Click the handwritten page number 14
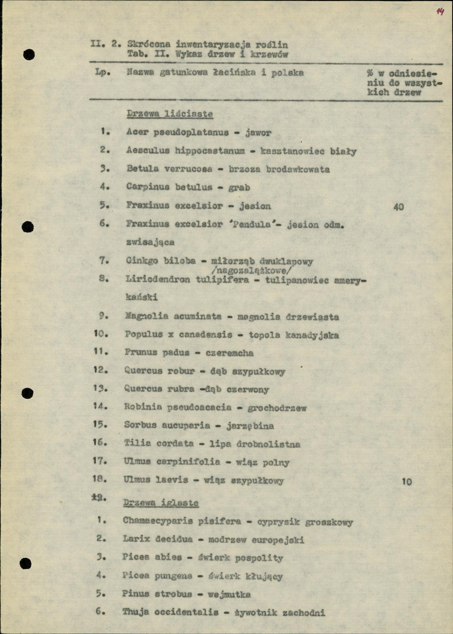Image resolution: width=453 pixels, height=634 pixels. (x=440, y=12)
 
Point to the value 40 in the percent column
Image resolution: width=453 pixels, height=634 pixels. (x=399, y=207)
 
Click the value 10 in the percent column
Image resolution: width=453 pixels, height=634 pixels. (x=406, y=482)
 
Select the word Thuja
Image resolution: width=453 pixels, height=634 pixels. (x=135, y=613)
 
